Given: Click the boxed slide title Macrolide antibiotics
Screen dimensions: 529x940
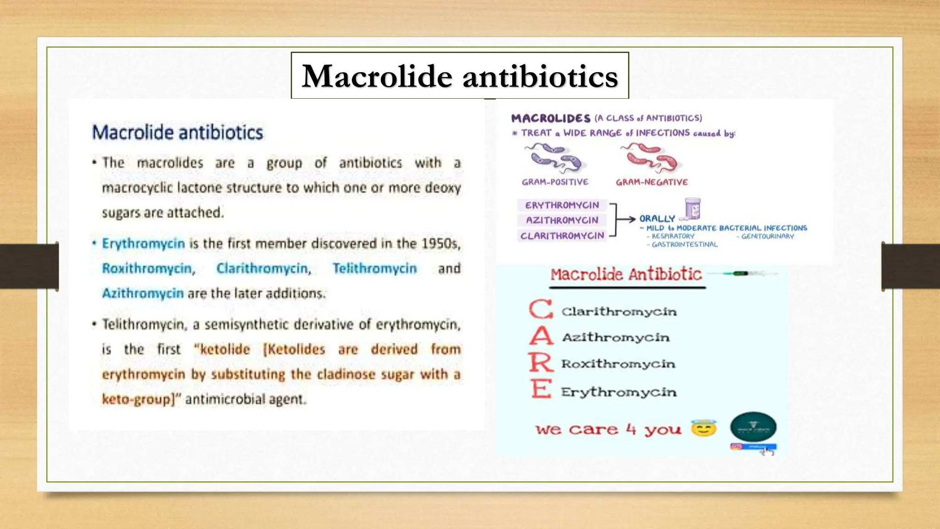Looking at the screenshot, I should click(x=459, y=76).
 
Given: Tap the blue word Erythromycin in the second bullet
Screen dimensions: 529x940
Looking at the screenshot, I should click(x=143, y=243).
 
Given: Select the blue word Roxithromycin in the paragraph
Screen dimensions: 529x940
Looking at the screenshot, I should click(x=148, y=268).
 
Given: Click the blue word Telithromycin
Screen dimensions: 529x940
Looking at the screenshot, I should click(x=375, y=268).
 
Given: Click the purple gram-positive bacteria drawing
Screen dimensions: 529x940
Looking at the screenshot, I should click(x=554, y=158).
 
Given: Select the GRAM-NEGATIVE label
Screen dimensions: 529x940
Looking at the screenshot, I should click(x=652, y=182).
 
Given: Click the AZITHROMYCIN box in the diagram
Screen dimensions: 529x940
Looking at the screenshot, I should click(x=562, y=220).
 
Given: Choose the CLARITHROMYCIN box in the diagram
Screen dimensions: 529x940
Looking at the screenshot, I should click(x=562, y=236).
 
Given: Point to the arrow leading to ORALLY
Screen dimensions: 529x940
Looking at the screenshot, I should click(x=625, y=219).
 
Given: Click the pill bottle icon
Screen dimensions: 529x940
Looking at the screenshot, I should click(x=693, y=209).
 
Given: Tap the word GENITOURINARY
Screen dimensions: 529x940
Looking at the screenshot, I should click(x=767, y=236).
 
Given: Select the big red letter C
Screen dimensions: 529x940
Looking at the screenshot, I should click(x=541, y=309).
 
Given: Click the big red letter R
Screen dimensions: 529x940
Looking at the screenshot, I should click(x=541, y=363).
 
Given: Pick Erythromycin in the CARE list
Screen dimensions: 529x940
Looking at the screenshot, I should click(x=619, y=392).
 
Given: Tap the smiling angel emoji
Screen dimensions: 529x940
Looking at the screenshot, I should click(x=704, y=428).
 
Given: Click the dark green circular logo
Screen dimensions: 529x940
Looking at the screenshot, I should click(x=753, y=427).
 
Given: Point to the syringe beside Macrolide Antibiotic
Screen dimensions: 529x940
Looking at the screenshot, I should click(x=744, y=274).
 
